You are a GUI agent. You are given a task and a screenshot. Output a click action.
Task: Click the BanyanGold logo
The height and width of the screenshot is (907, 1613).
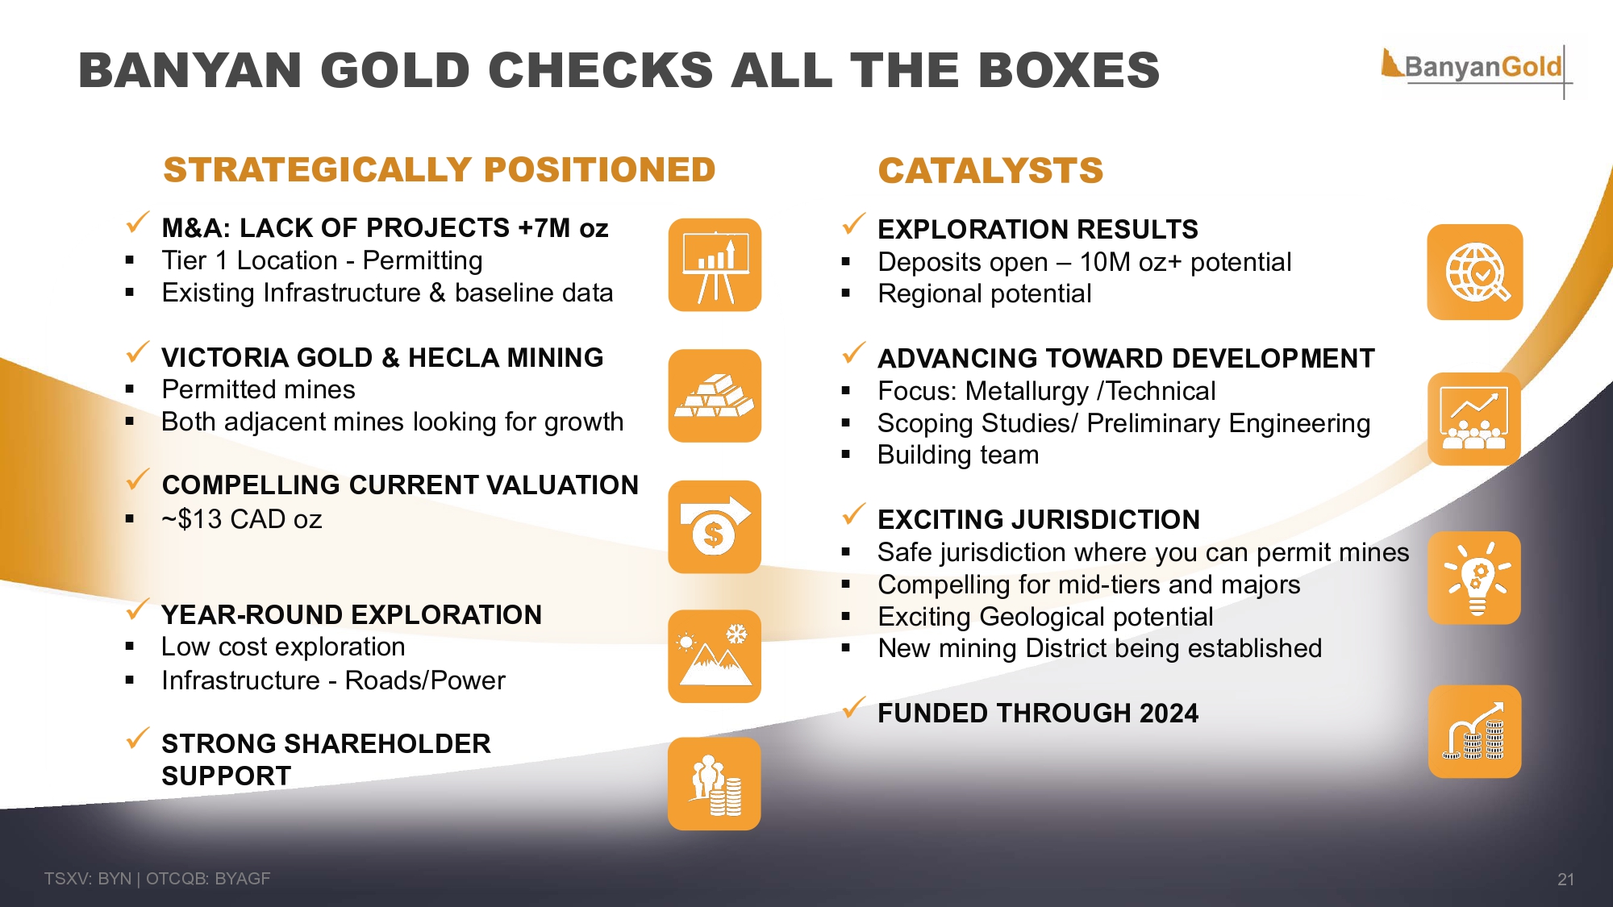[x=1476, y=68]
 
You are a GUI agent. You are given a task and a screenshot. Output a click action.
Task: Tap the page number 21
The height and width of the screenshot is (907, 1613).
[x=1565, y=880]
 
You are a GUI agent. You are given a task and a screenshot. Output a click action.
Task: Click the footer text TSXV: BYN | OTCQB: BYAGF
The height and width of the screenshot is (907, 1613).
[x=157, y=879]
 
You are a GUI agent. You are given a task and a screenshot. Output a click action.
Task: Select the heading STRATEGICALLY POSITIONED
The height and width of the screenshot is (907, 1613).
[x=440, y=170]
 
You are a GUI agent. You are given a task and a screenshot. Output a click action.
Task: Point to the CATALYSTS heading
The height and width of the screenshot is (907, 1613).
[x=990, y=171]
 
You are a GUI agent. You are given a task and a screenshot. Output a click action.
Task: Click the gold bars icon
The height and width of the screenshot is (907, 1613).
[x=715, y=396]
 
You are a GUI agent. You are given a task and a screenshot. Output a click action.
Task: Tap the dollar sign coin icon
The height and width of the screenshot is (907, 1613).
[x=715, y=527]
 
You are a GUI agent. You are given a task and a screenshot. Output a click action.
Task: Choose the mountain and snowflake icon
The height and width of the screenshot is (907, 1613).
[x=715, y=656]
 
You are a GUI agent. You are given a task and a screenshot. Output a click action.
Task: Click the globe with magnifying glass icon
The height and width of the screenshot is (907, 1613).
[x=1475, y=273]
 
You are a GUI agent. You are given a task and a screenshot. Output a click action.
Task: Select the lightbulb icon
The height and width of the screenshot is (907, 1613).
[x=1474, y=578]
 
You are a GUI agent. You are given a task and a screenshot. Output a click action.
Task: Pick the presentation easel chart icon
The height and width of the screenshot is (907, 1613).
[x=715, y=265]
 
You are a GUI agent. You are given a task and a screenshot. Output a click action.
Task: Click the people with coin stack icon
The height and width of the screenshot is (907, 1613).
[x=715, y=784]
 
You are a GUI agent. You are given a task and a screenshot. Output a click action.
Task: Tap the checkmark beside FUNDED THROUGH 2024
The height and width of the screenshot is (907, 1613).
[x=853, y=707]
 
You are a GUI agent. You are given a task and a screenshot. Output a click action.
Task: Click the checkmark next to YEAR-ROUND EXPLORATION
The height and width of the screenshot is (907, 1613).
[x=138, y=609]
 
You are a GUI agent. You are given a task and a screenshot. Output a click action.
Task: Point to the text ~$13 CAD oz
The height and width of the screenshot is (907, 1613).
[x=242, y=519]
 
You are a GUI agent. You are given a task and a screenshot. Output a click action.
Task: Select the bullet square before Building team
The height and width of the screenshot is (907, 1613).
[x=846, y=455]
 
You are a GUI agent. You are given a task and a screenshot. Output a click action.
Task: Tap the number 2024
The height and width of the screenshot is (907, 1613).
[x=1167, y=714]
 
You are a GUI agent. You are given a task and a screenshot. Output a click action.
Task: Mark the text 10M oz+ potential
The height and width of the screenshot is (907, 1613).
[x=1186, y=262]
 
